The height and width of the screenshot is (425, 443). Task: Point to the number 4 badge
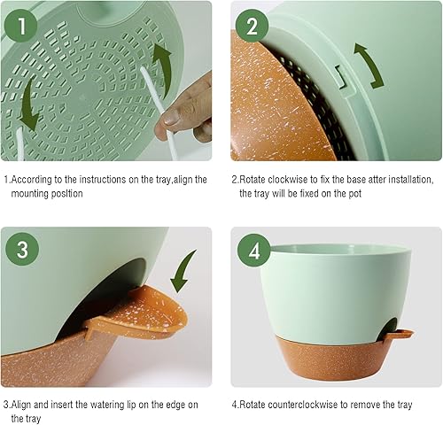[x=253, y=251]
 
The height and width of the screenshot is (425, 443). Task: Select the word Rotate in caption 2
[x=260, y=180]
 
